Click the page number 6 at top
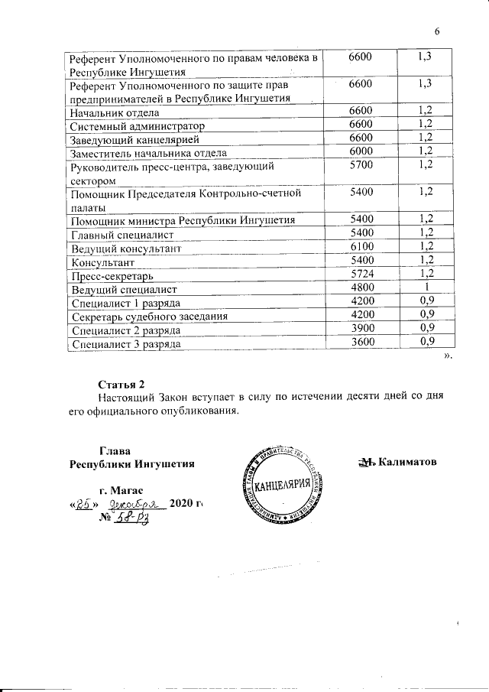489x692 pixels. [x=438, y=31]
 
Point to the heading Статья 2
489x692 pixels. [x=121, y=383]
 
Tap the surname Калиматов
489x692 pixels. [x=408, y=462]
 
